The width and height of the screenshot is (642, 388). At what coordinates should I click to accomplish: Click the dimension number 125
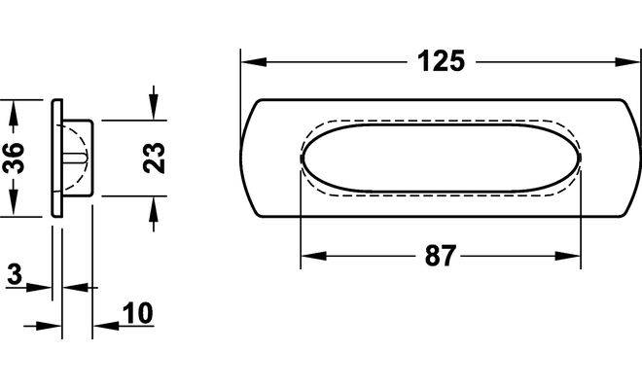point(441,61)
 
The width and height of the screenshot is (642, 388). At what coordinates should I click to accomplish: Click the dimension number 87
point(440,256)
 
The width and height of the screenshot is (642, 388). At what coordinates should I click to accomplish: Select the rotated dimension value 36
point(14,158)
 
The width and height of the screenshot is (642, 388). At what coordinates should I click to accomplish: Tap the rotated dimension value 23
point(154,158)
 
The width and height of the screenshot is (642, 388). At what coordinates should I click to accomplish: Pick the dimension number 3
point(15,274)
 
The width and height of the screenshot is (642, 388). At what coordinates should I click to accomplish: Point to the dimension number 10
point(137,313)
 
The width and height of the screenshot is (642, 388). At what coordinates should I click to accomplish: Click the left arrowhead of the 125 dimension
point(254,62)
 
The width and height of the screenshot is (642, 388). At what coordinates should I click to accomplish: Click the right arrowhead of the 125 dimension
point(626,62)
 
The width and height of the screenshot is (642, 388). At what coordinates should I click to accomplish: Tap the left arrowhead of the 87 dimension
point(313,256)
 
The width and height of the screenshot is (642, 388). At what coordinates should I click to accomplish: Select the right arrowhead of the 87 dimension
point(567,256)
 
